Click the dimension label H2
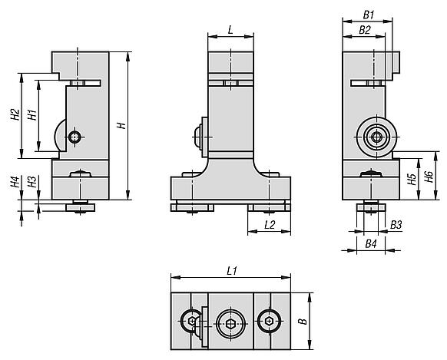[15, 114]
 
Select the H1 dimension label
[32, 114]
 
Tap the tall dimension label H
[121, 125]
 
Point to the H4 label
[15, 182]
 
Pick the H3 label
[32, 182]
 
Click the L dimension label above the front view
[230, 30]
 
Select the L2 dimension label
[270, 225]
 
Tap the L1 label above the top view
[232, 271]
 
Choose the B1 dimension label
[369, 15]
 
